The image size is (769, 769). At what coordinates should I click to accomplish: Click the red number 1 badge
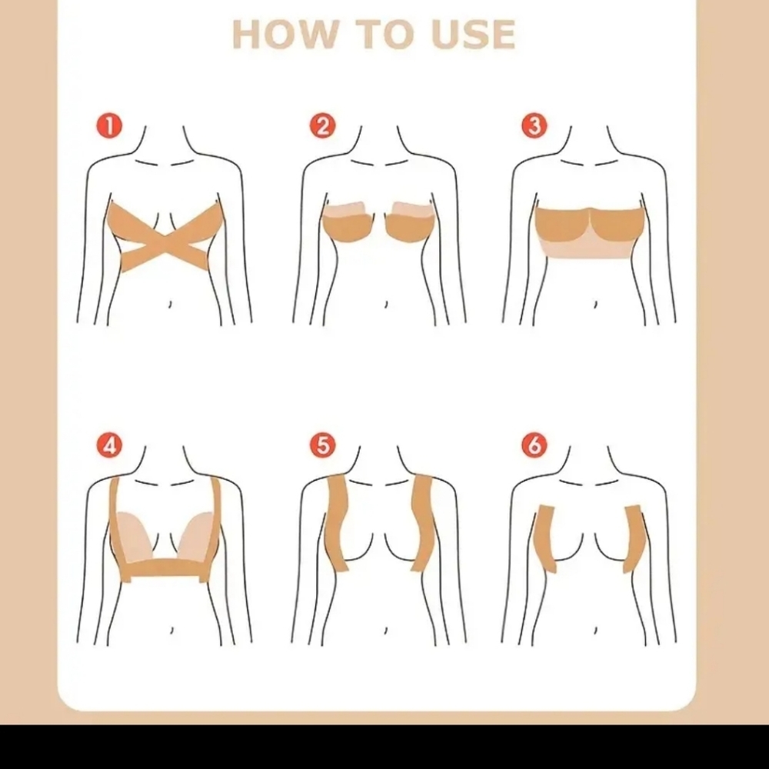[110, 125]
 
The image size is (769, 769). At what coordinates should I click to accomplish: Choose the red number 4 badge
[110, 445]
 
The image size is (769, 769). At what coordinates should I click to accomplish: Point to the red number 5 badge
[323, 445]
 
